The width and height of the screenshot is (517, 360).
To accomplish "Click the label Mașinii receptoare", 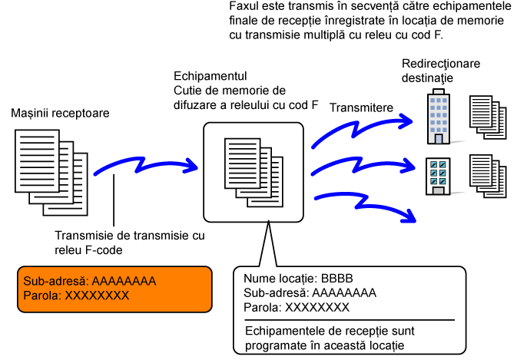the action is click(60, 114).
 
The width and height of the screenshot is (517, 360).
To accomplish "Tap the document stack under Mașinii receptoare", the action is click(51, 172).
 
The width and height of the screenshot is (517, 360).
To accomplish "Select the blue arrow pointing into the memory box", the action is click(145, 165).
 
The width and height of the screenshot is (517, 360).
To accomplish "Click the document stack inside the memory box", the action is click(254, 172).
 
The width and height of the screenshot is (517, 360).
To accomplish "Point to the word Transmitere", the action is click(361, 107).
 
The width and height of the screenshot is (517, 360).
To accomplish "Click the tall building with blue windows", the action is click(439, 116).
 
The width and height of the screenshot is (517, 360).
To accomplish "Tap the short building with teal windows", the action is click(438, 177).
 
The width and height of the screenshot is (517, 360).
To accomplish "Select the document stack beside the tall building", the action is click(488, 117).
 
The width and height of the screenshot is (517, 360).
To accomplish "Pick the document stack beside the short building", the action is click(488, 177).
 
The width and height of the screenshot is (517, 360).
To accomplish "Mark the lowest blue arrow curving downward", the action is click(364, 203).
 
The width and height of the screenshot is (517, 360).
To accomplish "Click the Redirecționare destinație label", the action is click(441, 71).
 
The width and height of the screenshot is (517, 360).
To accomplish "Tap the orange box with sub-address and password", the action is click(114, 289).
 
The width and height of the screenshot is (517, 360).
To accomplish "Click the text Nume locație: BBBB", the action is click(298, 279).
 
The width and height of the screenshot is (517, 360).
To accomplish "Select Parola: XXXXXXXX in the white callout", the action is click(297, 308).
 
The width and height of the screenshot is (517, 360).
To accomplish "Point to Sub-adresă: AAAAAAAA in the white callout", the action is click(310, 293).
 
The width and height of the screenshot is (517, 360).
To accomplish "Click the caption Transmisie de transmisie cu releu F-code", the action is click(130, 243).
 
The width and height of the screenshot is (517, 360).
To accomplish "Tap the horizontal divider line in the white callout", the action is click(350, 320).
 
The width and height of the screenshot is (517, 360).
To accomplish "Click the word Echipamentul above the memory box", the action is click(210, 76).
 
